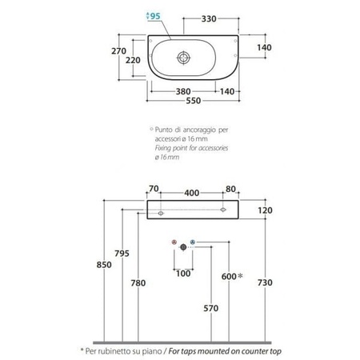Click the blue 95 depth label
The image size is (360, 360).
click(155, 16)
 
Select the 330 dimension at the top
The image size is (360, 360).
click(209, 19)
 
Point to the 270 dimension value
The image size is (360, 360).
click(118, 51)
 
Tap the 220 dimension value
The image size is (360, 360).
click(133, 60)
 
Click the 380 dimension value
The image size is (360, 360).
click(183, 92)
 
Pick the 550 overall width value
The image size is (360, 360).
click(194, 101)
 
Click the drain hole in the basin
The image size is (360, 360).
click(184, 58)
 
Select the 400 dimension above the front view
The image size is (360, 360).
click(192, 193)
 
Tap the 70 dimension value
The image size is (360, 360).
click(154, 189)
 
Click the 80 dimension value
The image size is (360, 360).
click(230, 189)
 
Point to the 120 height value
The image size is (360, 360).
click(265, 210)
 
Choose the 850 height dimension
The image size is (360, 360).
click(104, 265)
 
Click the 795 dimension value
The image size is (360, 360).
click(122, 254)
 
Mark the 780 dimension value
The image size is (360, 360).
click(138, 283)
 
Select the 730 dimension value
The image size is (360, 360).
click(265, 282)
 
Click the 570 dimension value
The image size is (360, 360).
click(211, 308)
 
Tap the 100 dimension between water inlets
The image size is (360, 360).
click(183, 274)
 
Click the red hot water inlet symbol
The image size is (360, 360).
click(174, 242)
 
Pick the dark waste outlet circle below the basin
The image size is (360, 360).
click(183, 247)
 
